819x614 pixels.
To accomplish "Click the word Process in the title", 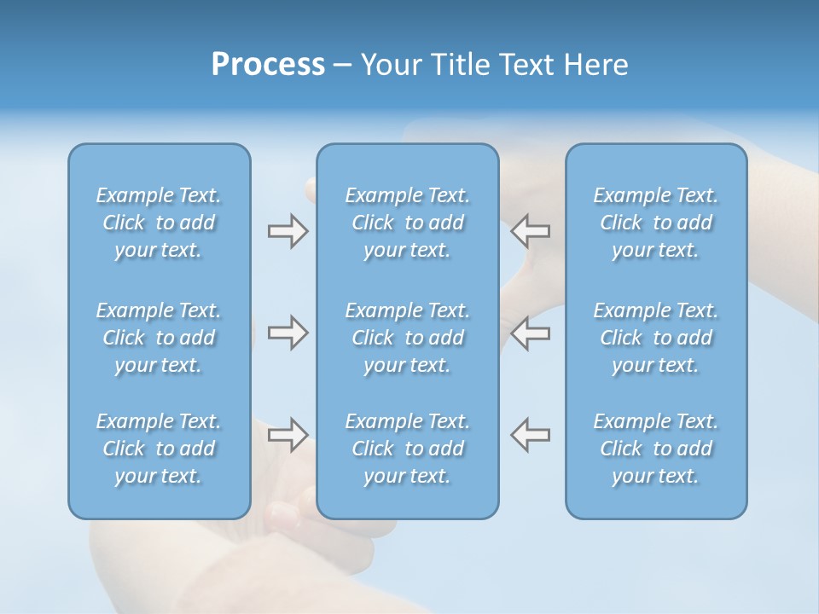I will (x=268, y=65).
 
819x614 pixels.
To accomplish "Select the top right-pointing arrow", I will (x=288, y=231).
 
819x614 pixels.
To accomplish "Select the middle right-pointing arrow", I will (x=288, y=333).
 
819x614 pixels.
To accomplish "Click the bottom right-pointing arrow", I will (x=288, y=434).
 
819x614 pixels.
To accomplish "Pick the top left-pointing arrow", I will (x=531, y=231).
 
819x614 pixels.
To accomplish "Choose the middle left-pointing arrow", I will (x=531, y=333).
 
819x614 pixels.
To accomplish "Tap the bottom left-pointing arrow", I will (x=531, y=434).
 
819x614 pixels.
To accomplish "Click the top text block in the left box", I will (x=159, y=223).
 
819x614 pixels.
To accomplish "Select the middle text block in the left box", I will (x=159, y=338).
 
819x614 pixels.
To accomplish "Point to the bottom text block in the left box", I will (x=159, y=449).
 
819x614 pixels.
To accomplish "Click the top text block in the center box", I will (x=408, y=223).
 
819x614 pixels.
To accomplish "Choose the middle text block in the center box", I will (x=408, y=338).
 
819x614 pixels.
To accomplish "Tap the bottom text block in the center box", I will (x=408, y=449).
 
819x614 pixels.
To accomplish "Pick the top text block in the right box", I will (x=656, y=223).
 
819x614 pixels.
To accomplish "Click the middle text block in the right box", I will (x=656, y=338).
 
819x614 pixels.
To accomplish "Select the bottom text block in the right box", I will (x=656, y=449).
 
